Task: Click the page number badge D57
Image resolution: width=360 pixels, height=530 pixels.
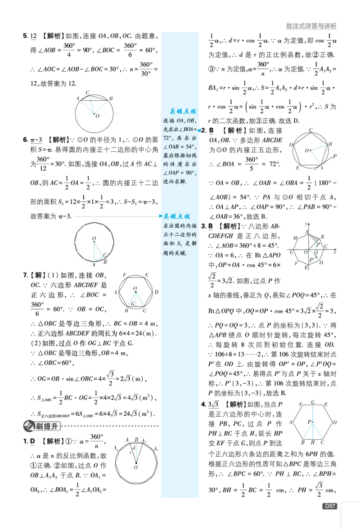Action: point(330,506)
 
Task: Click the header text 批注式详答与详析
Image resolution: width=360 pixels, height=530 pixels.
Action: point(311,26)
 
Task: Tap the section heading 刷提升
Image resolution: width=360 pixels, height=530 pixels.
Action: point(47,426)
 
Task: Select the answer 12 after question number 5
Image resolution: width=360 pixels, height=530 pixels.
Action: point(33,36)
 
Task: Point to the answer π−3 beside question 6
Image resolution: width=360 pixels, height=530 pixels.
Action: point(36,139)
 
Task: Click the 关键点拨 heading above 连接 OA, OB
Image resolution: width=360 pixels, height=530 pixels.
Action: point(183,111)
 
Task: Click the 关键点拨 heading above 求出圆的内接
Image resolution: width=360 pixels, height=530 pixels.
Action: point(177,216)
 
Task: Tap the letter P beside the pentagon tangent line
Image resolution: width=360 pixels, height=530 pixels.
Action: point(335,156)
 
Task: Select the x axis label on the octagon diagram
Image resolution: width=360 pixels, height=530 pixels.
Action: point(335,252)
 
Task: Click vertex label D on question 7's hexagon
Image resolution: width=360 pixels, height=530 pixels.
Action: point(156,292)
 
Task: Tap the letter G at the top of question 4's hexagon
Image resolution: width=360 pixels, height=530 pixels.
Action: point(313,402)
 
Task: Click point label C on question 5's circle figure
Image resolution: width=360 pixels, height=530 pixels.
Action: point(88,92)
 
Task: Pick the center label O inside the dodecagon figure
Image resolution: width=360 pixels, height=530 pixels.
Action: point(94,238)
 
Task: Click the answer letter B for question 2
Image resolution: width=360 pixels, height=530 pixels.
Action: point(211,130)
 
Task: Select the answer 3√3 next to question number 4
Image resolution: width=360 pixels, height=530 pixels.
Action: point(214,404)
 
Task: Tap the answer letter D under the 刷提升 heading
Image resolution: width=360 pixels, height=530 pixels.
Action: point(32,441)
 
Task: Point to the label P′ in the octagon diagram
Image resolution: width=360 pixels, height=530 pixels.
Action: point(312,260)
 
